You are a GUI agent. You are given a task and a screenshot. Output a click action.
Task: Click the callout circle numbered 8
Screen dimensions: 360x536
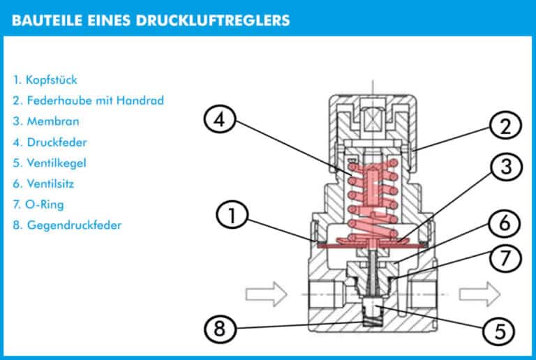click(221, 329)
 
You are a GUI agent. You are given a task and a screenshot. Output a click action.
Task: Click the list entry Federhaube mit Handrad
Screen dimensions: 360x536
click(88, 100)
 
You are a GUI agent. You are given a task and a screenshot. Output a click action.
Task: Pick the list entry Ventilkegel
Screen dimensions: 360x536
click(51, 163)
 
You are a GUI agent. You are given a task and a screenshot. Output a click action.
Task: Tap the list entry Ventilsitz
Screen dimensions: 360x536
click(48, 184)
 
